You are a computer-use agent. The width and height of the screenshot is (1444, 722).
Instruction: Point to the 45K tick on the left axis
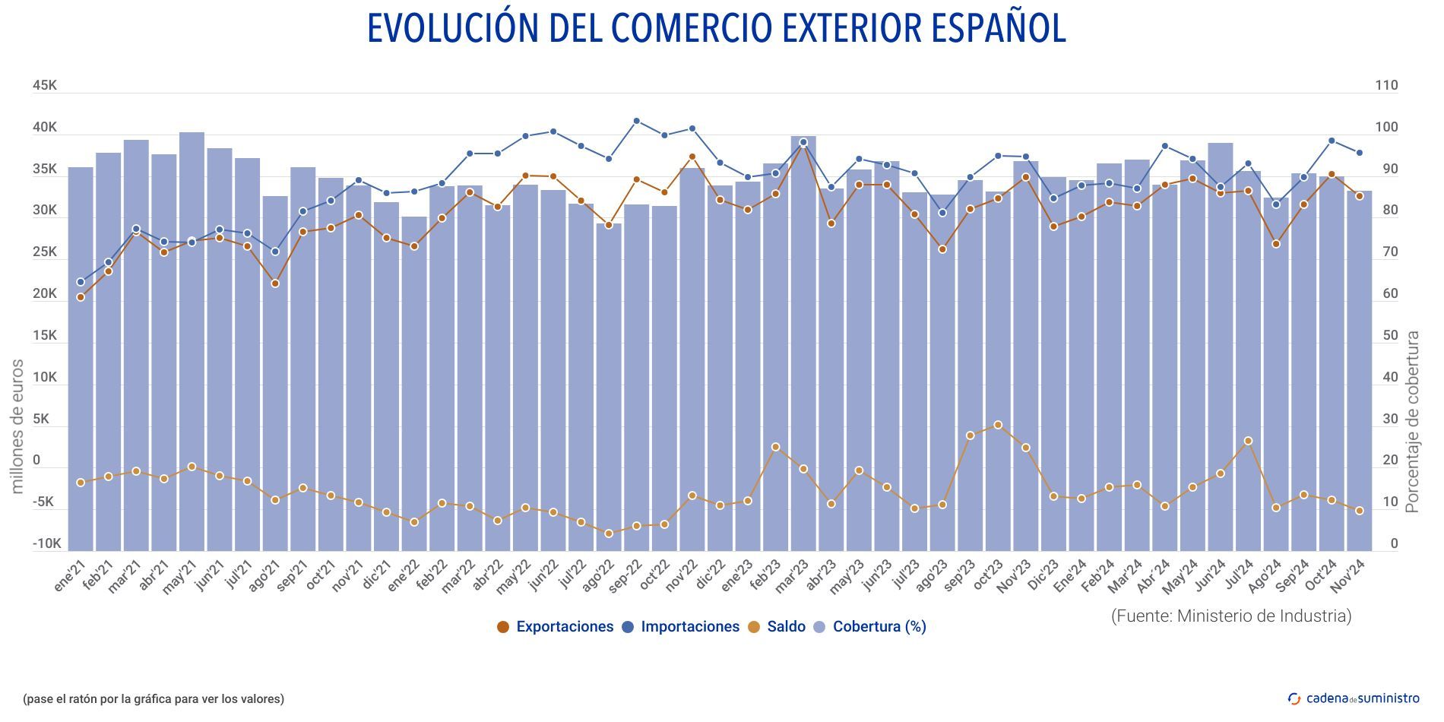pyautogui.click(x=45, y=86)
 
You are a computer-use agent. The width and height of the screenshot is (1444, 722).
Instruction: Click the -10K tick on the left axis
pyautogui.click(x=46, y=544)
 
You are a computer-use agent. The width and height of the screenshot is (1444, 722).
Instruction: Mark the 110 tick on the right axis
pyautogui.click(x=1386, y=86)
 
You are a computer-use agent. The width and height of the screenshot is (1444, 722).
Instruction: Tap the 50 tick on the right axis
pyautogui.click(x=1389, y=336)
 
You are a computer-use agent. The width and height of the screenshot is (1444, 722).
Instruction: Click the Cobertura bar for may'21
pyautogui.click(x=192, y=342)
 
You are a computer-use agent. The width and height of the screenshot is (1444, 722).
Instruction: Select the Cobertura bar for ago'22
pyautogui.click(x=609, y=388)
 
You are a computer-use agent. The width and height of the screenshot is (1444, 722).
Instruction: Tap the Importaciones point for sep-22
pyautogui.click(x=637, y=121)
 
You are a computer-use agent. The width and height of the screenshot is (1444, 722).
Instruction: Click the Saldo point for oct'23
pyautogui.click(x=998, y=426)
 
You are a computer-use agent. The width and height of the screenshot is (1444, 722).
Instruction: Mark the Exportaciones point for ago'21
pyautogui.click(x=275, y=283)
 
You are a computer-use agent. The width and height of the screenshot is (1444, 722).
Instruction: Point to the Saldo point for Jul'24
pyautogui.click(x=1248, y=441)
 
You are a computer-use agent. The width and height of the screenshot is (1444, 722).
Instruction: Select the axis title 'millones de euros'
pyautogui.click(x=17, y=426)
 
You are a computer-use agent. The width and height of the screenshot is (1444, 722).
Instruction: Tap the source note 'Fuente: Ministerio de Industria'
pyautogui.click(x=1231, y=616)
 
